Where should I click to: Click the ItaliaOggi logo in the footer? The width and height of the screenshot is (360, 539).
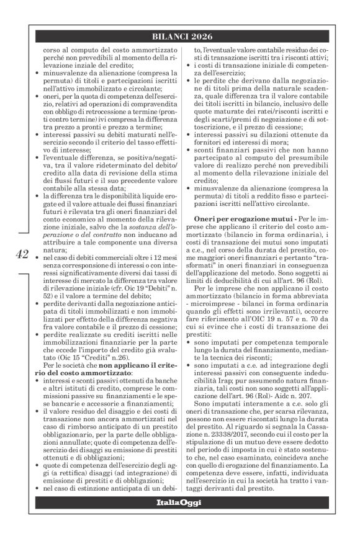tap(179, 519)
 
